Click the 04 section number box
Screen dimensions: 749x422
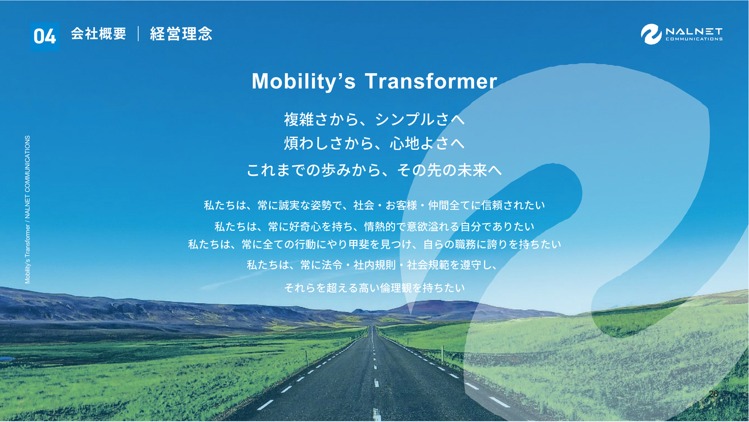(x=45, y=37)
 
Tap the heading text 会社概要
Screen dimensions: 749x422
(x=99, y=34)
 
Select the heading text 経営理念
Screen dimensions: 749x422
(x=181, y=34)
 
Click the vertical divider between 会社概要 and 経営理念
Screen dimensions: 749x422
(x=138, y=34)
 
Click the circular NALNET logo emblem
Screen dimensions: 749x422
(x=651, y=34)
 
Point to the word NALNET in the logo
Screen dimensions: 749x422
(x=694, y=32)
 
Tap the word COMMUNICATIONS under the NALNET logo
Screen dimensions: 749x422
(x=694, y=39)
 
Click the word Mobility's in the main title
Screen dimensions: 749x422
(x=303, y=81)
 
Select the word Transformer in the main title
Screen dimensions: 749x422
(x=431, y=81)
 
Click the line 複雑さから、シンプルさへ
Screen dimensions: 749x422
(x=374, y=119)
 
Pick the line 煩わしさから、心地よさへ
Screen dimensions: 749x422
(x=374, y=143)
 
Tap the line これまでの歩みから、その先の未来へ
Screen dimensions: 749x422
(x=374, y=170)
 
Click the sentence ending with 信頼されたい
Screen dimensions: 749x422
(x=374, y=205)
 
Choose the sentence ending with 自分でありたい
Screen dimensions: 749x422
(x=374, y=227)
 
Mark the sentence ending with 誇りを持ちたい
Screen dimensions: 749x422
(x=374, y=245)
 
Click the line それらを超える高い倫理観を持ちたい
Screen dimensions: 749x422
(x=374, y=287)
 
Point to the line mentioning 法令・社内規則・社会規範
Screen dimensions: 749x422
(x=372, y=265)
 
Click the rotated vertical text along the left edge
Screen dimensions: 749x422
(x=28, y=210)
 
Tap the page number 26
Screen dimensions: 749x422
(x=713, y=394)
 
